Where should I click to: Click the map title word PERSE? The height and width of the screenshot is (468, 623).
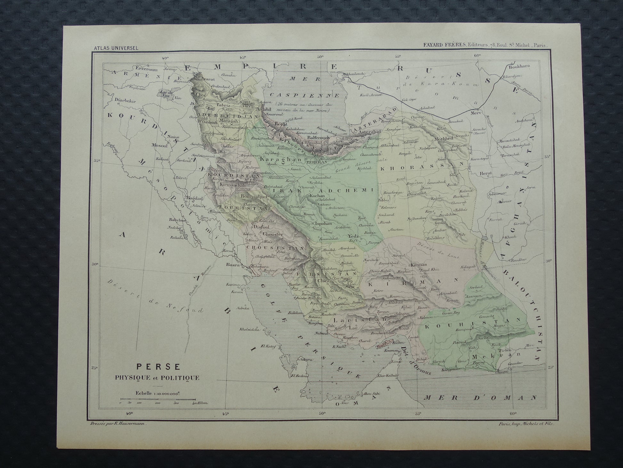pyautogui.click(x=158, y=366)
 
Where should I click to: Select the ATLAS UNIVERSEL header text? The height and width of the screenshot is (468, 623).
pyautogui.click(x=116, y=48)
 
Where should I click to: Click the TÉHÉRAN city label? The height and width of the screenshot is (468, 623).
pyautogui.click(x=316, y=162)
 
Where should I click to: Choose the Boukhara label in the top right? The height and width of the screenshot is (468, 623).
pyautogui.click(x=520, y=66)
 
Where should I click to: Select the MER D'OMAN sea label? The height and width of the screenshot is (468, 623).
pyautogui.click(x=480, y=398)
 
